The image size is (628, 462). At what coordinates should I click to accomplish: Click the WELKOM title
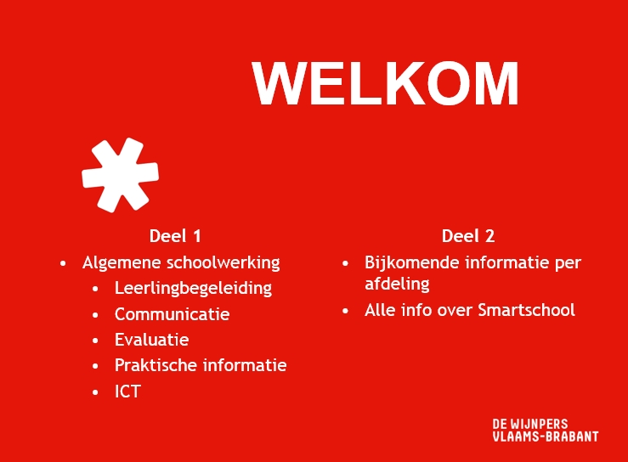coord(385,84)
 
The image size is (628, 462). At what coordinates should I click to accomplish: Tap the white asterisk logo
coord(120,175)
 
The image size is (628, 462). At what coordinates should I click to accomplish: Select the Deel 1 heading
coord(175,236)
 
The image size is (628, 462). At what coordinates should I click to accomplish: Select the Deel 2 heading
coord(468,236)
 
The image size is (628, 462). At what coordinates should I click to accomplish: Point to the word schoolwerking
coord(223,263)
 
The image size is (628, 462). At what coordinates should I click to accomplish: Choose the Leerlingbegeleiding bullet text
coord(193,289)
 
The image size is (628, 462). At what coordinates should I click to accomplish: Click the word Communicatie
coord(173,314)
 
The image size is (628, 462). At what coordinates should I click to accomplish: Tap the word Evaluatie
coord(152,340)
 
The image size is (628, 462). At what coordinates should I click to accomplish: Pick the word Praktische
coord(156,365)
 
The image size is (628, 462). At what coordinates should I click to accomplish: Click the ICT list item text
coord(127,392)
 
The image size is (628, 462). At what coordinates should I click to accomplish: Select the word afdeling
coord(397,285)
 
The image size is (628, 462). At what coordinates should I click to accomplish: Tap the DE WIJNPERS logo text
coord(530,424)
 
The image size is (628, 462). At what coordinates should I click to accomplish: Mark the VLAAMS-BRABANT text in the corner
coord(546,437)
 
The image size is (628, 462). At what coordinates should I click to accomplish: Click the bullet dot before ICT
coord(95,392)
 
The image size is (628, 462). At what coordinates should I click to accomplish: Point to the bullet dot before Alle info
coord(346,311)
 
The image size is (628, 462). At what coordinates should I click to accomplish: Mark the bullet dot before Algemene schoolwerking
coord(63,264)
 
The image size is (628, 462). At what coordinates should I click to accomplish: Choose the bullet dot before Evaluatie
coord(95,341)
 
